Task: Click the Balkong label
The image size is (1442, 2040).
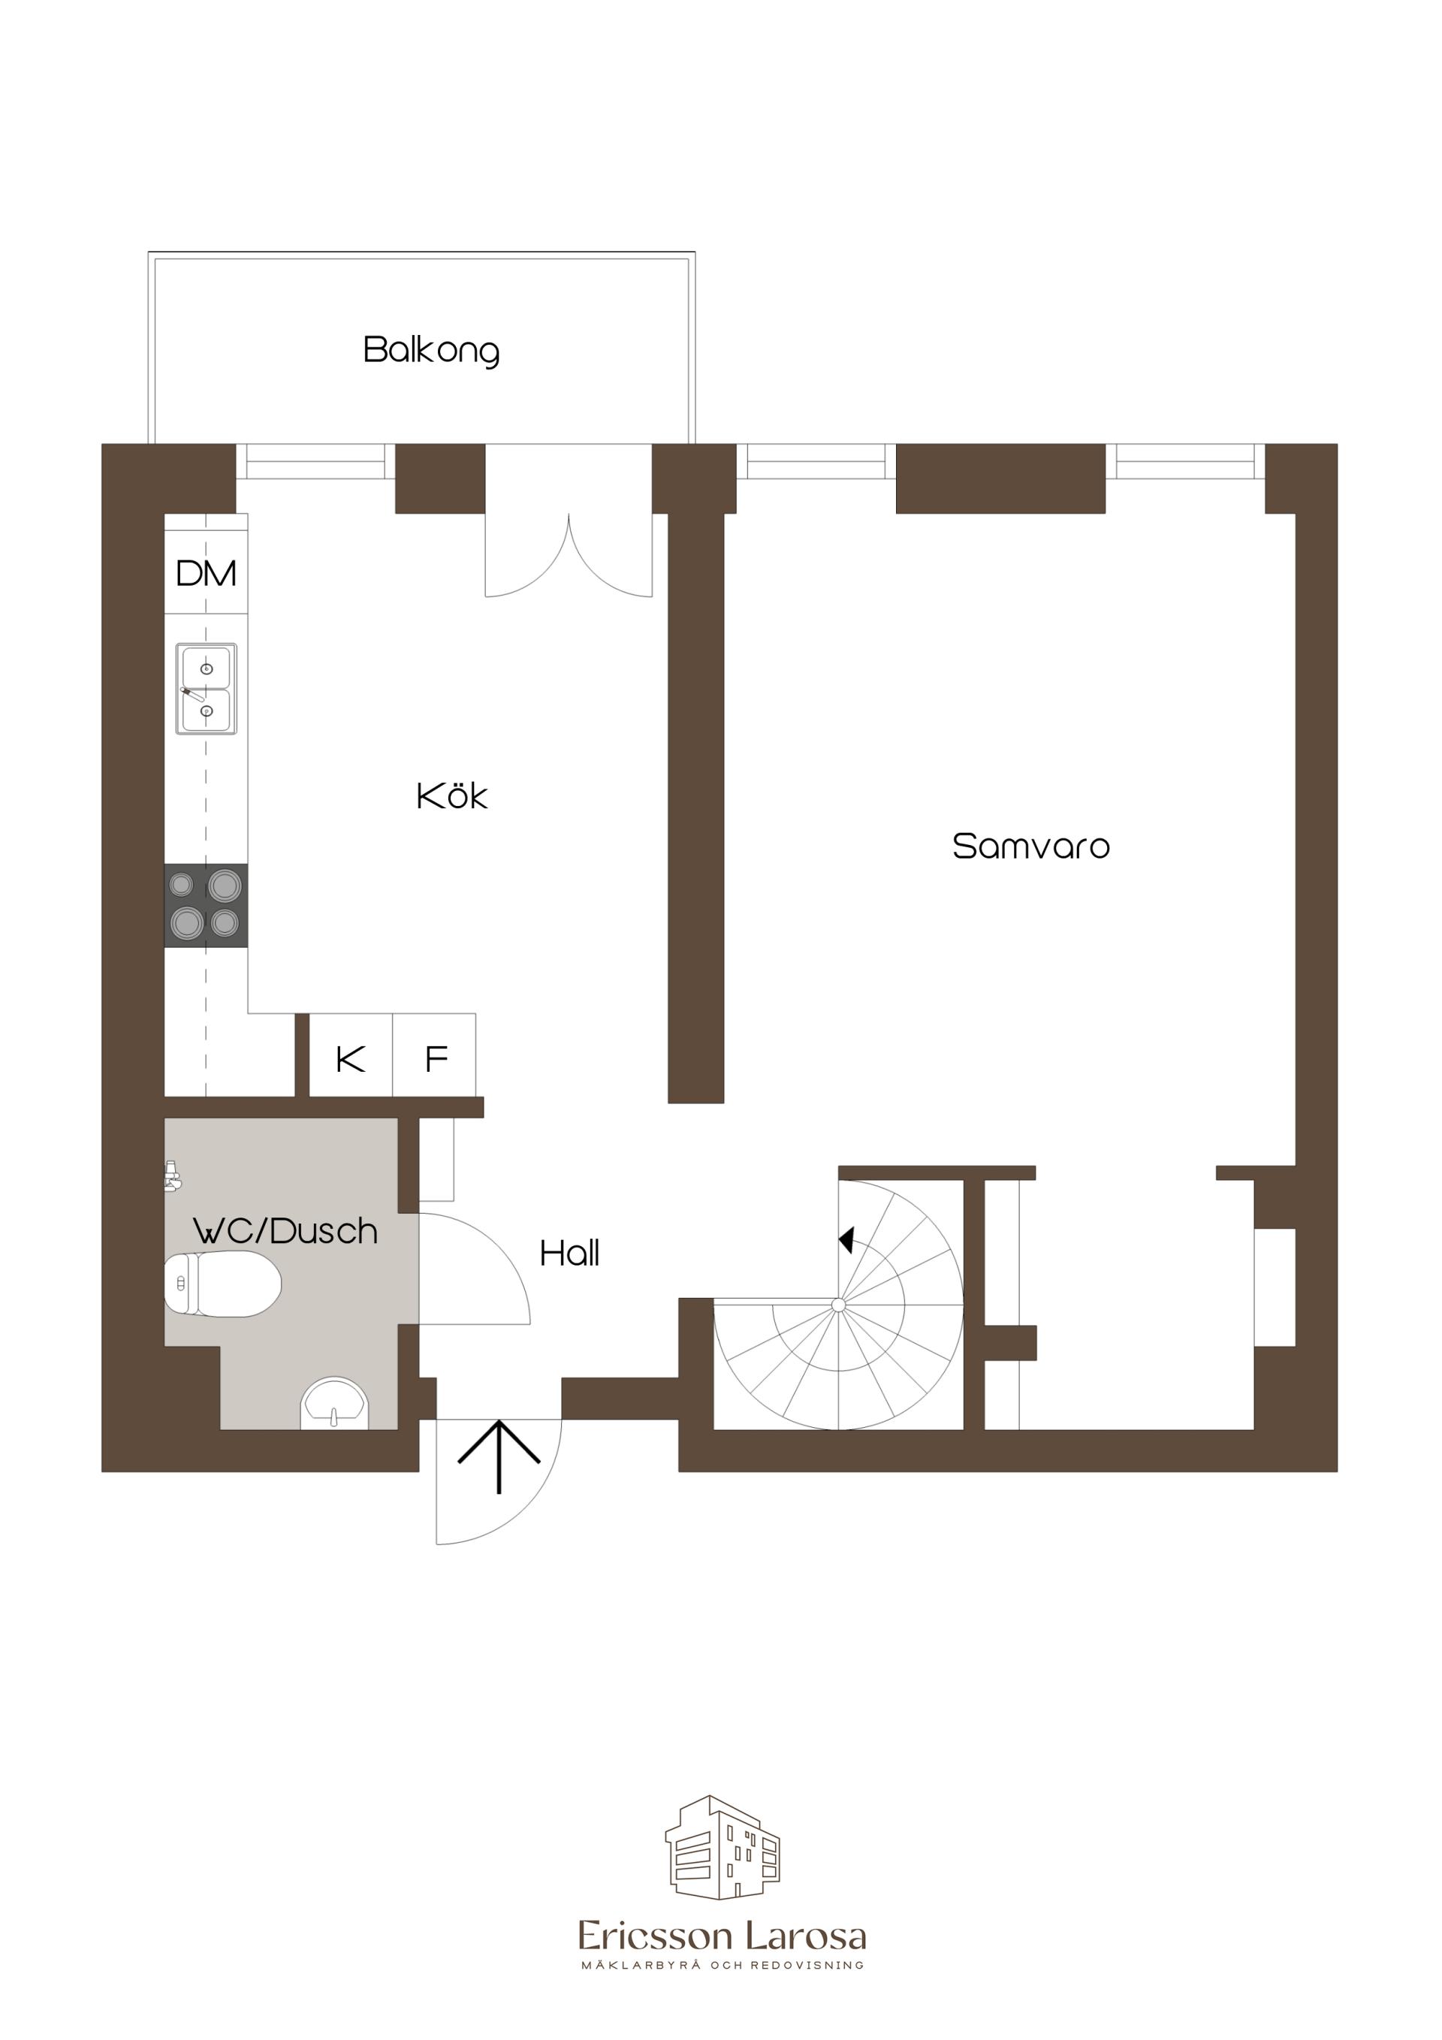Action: pyautogui.click(x=431, y=350)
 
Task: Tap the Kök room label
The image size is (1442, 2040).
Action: pyautogui.click(x=452, y=795)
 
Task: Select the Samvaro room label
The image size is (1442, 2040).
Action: pyautogui.click(x=1030, y=846)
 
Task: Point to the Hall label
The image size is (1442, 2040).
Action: pyautogui.click(x=569, y=1253)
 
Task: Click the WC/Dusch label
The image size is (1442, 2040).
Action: pyautogui.click(x=285, y=1230)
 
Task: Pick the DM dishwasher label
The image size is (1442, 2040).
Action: pyautogui.click(x=206, y=573)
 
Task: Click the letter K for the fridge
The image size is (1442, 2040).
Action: pyautogui.click(x=351, y=1059)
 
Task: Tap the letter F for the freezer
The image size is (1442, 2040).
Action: pyautogui.click(x=436, y=1059)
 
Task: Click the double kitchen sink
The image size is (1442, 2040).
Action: pyautogui.click(x=206, y=689)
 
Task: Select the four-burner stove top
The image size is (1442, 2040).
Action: pyautogui.click(x=206, y=905)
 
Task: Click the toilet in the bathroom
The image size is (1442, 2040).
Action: pyautogui.click(x=223, y=1283)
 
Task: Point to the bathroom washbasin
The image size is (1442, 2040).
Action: pyautogui.click(x=334, y=1403)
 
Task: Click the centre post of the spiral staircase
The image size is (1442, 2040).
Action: pyautogui.click(x=838, y=1305)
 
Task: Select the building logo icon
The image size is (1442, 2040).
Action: pyautogui.click(x=723, y=1847)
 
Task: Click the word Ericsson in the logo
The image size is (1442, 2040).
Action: pyautogui.click(x=656, y=1936)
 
